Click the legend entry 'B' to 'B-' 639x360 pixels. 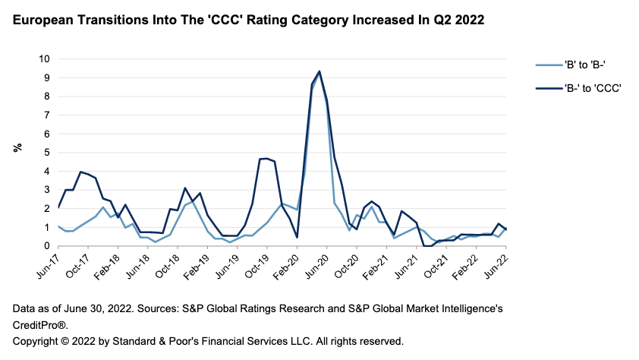click(578, 65)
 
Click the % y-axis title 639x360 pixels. click(17, 147)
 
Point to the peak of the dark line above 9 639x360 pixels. click(319, 71)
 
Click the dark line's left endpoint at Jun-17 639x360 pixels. click(58, 207)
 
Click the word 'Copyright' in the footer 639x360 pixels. click(36, 341)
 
